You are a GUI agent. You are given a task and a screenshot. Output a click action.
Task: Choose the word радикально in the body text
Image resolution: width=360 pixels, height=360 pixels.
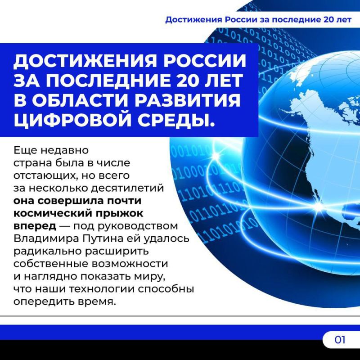(49, 250)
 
